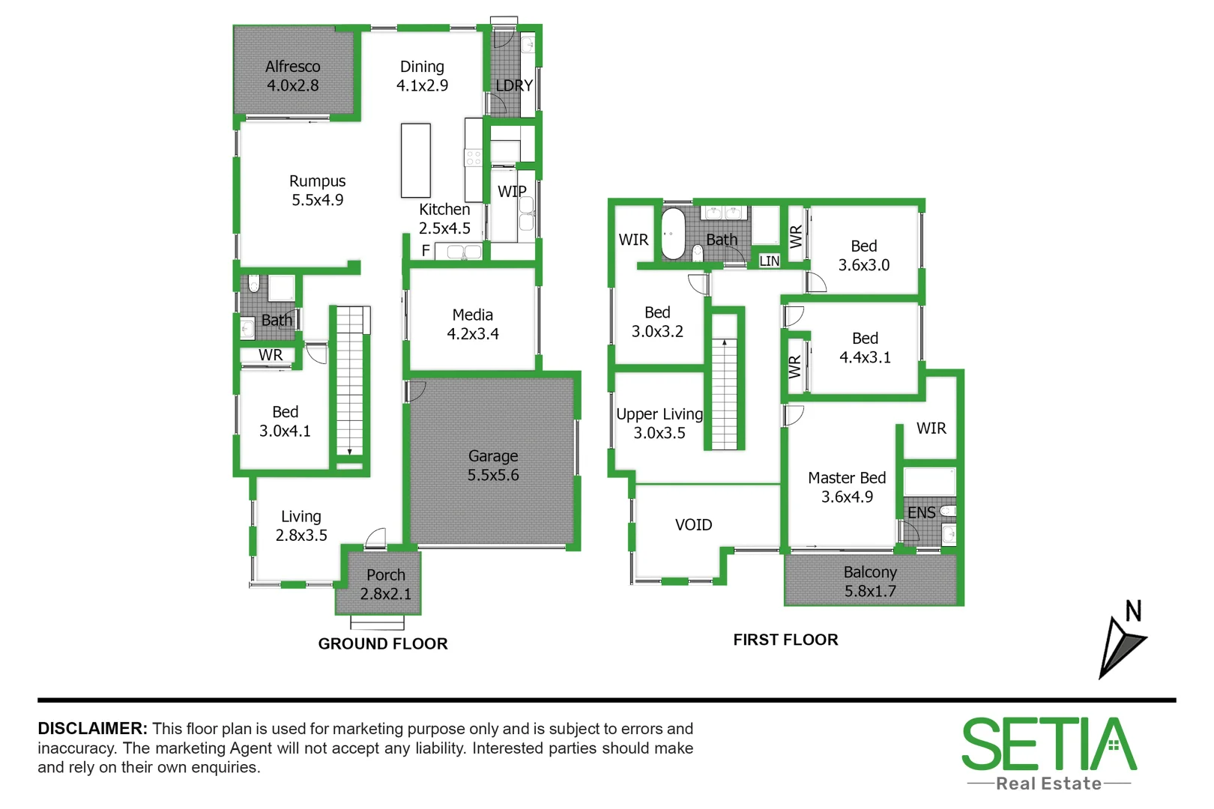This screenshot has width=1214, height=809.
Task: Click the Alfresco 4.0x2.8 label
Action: [293, 76]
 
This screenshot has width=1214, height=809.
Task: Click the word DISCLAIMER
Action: [92, 729]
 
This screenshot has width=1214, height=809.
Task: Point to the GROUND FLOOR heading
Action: [383, 644]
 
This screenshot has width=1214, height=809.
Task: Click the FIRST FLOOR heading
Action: [785, 640]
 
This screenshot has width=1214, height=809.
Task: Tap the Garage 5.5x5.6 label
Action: [493, 465]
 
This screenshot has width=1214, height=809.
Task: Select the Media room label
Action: [473, 324]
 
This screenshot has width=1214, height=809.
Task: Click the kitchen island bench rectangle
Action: [416, 160]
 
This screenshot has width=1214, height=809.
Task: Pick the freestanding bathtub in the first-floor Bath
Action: [673, 234]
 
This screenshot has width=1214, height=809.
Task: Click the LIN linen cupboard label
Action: [770, 261]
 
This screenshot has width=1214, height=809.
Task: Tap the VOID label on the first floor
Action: [693, 525]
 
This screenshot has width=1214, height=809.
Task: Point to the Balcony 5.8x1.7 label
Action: [870, 581]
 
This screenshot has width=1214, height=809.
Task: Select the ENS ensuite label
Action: [921, 513]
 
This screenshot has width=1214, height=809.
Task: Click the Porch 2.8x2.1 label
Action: [386, 584]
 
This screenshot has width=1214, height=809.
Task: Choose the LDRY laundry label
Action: [514, 86]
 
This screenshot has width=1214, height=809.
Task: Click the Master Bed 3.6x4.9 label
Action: [847, 487]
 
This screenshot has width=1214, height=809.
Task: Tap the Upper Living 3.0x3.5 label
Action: [659, 423]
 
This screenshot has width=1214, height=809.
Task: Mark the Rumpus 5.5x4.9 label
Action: [318, 190]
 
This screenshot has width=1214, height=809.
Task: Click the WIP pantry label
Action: [512, 192]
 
